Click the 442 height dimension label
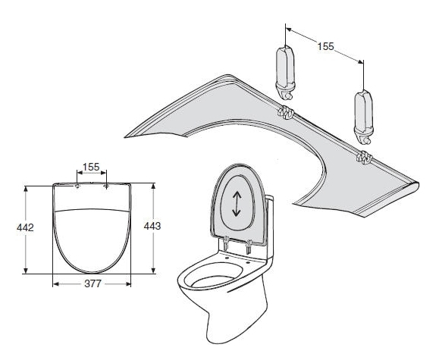25,227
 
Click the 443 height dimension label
152,226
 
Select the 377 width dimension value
93,284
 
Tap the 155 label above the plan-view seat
91,167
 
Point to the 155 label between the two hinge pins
325,46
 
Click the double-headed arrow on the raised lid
237,204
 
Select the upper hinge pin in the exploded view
286,73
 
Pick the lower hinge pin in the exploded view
364,117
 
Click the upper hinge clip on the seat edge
285,112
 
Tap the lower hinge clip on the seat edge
364,158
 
